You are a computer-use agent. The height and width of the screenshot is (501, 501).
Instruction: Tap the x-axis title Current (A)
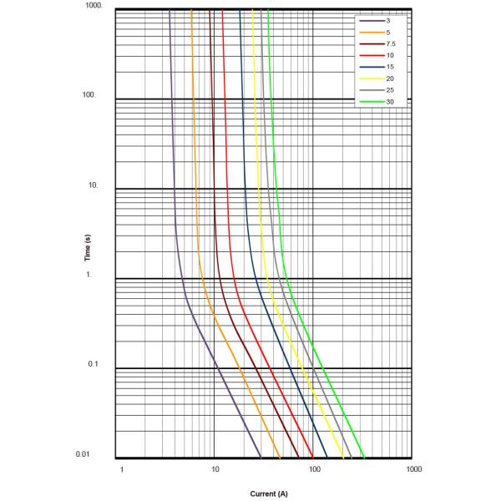(268, 493)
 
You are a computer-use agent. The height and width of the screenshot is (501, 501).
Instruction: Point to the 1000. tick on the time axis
(93, 6)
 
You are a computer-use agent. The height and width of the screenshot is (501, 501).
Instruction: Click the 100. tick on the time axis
(89, 95)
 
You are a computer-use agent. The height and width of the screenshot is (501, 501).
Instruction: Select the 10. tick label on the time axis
(94, 185)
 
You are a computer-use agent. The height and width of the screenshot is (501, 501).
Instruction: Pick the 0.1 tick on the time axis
(94, 365)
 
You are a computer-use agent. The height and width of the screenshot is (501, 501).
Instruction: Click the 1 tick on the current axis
(122, 469)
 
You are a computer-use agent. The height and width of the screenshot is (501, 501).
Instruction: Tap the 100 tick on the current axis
(315, 469)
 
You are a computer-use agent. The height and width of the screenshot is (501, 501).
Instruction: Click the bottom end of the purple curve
(261, 458)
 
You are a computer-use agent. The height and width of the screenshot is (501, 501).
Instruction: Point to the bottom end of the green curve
(364, 458)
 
